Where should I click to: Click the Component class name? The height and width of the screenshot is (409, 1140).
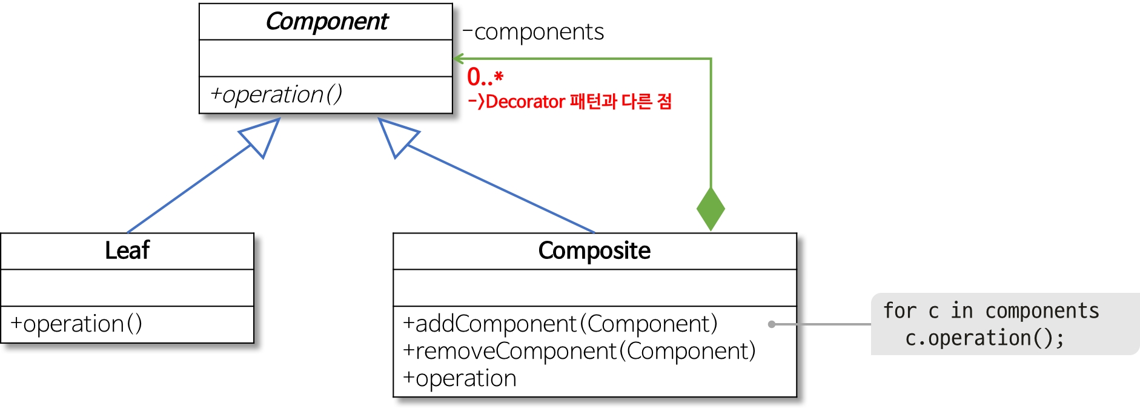click(x=326, y=22)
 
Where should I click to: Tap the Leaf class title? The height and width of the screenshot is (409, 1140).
click(x=127, y=250)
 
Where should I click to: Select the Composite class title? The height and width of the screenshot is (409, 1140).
click(x=594, y=250)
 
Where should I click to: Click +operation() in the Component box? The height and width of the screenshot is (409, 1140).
click(x=276, y=94)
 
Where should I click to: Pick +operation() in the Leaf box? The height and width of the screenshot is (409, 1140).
click(x=76, y=324)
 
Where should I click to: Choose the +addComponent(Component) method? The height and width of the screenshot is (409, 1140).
click(x=560, y=324)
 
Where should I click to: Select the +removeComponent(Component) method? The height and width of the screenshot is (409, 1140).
click(x=579, y=351)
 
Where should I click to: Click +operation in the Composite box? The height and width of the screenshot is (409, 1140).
click(x=460, y=378)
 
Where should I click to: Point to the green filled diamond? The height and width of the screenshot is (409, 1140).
click(x=711, y=209)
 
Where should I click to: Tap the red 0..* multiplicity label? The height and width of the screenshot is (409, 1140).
click(x=485, y=77)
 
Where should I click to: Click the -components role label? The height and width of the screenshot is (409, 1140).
click(x=534, y=31)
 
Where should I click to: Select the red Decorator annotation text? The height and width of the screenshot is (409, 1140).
click(x=570, y=101)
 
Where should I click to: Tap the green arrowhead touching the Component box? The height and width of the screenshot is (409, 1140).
click(x=459, y=59)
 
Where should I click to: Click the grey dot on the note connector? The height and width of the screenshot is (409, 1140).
click(x=772, y=324)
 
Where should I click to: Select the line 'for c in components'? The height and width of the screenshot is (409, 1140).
click(x=990, y=310)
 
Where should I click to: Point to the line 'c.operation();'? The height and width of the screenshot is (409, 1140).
click(x=984, y=338)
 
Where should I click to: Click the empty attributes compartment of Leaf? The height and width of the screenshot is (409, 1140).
click(x=127, y=287)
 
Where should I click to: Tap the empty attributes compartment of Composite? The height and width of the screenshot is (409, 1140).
click(x=594, y=287)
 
